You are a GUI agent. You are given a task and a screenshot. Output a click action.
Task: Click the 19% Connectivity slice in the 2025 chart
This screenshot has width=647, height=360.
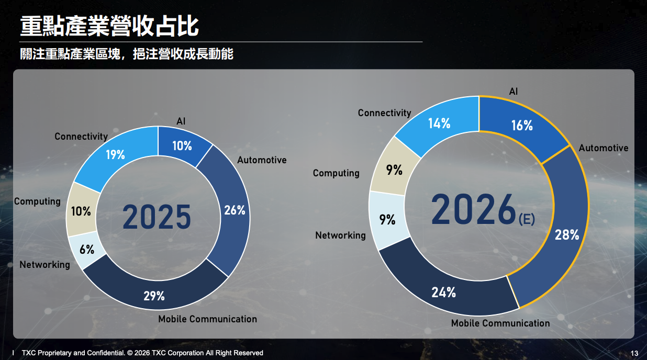click(115, 155)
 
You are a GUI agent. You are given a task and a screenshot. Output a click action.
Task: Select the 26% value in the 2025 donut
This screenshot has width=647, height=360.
click(235, 210)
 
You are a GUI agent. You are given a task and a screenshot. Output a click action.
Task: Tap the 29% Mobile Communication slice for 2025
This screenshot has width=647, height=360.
click(154, 296)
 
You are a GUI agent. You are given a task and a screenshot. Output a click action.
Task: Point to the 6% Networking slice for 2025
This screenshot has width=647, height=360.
click(87, 250)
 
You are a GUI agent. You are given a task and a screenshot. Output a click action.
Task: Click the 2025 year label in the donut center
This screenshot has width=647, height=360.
click(157, 218)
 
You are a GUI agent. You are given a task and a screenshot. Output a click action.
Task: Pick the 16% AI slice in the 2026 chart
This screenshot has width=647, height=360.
click(521, 126)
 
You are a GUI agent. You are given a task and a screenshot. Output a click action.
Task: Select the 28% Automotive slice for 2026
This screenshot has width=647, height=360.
click(567, 235)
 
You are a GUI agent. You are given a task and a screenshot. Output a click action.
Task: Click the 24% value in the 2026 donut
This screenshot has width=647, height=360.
click(443, 292)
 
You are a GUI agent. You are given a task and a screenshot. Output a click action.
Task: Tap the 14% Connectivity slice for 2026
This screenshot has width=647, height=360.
click(439, 123)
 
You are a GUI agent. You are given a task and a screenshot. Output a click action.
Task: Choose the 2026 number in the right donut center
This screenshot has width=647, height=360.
click(474, 209)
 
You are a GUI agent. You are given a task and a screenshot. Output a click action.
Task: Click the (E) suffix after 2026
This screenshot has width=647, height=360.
click(527, 219)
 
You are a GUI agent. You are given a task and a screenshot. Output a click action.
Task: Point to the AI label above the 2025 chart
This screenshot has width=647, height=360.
click(181, 121)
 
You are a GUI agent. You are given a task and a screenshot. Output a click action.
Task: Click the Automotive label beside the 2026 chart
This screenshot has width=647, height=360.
click(603, 148)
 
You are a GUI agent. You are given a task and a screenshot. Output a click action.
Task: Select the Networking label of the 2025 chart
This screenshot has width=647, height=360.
click(44, 265)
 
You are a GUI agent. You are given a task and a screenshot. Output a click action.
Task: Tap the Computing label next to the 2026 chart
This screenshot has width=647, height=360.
click(336, 173)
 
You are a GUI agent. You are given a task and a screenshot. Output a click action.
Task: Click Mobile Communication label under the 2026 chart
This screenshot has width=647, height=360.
click(500, 323)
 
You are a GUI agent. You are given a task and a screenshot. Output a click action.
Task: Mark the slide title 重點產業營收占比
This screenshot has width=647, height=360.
click(109, 25)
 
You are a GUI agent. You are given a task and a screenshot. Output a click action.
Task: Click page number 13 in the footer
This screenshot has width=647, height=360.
click(634, 353)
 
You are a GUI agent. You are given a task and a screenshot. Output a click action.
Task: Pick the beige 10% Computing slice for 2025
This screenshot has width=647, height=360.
click(81, 211)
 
